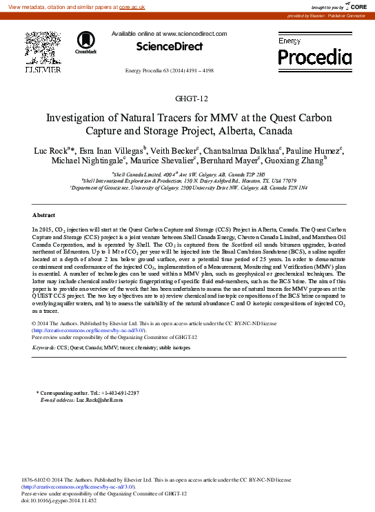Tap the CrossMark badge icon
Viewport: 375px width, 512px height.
click(86, 42)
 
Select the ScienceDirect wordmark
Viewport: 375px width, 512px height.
click(170, 46)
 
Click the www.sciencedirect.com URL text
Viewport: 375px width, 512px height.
click(194, 33)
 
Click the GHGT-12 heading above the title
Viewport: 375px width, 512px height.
click(187, 98)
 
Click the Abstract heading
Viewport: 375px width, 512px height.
click(44, 196)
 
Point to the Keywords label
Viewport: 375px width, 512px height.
click(44, 349)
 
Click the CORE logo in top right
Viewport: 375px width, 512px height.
click(354, 6)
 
